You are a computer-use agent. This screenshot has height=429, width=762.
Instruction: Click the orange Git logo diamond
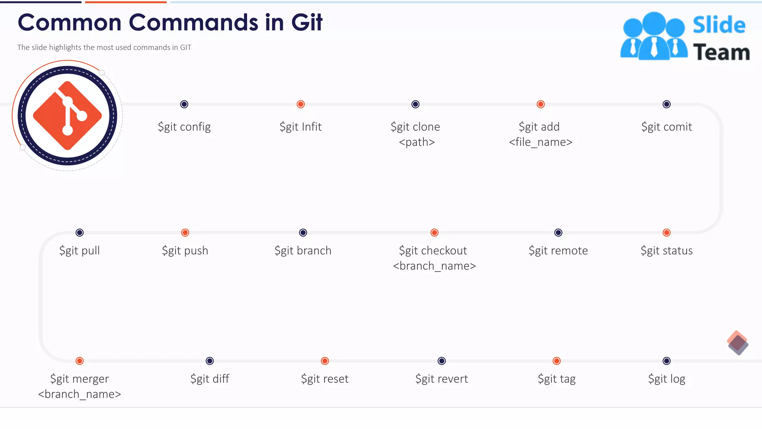tap(67, 115)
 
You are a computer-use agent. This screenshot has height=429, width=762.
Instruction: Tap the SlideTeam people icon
tap(654, 36)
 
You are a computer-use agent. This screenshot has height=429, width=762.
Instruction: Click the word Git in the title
tap(307, 22)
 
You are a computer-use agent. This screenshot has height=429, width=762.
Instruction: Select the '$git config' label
tap(184, 127)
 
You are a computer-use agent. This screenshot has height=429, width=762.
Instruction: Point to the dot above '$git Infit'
tap(301, 104)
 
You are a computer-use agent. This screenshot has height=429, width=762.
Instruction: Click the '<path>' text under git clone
tap(417, 142)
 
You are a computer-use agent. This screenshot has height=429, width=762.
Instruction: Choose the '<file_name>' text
tap(541, 142)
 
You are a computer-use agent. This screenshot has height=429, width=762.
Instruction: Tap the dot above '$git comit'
tap(666, 104)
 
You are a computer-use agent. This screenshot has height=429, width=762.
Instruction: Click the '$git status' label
tap(666, 251)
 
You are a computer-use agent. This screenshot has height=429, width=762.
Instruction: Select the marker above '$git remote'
tap(558, 233)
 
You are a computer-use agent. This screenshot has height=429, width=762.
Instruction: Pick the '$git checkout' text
tap(433, 251)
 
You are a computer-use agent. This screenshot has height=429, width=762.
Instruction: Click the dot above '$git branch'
tap(303, 233)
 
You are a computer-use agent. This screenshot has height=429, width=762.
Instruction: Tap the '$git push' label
tap(185, 251)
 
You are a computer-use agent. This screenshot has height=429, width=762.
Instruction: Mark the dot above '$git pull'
tap(80, 233)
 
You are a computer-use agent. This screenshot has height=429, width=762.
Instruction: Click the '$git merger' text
tap(80, 379)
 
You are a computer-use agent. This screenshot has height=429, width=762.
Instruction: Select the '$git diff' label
tap(210, 379)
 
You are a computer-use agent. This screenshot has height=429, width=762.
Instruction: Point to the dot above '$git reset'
tap(325, 361)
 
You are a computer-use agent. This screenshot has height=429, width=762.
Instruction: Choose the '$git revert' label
tap(442, 379)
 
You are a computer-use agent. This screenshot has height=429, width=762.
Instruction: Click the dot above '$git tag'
tap(557, 361)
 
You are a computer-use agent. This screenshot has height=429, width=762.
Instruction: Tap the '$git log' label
tap(666, 379)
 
